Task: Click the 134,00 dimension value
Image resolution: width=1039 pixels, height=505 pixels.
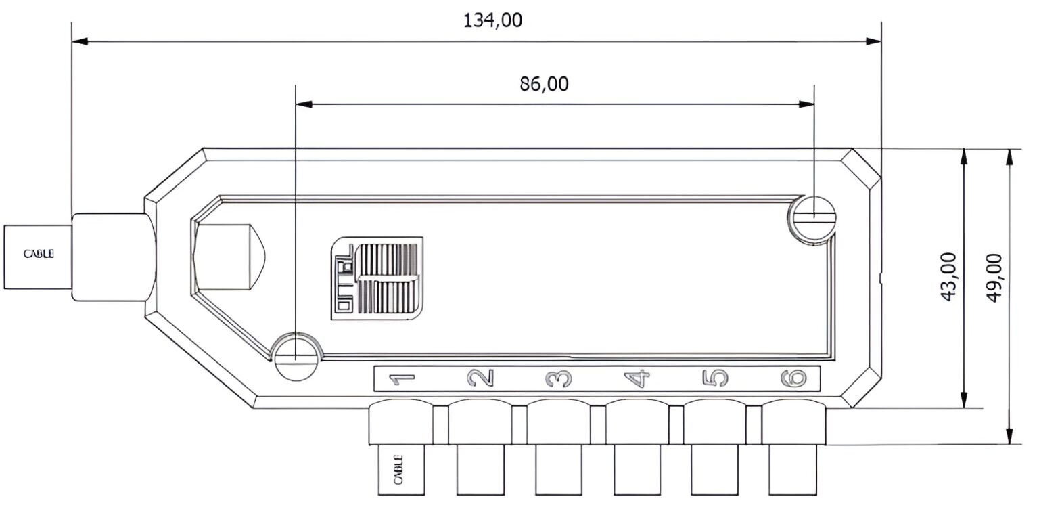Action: [x=492, y=20]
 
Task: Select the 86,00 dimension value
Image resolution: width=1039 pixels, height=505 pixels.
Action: [x=544, y=84]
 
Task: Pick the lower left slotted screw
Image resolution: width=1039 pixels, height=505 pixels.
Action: [x=296, y=357]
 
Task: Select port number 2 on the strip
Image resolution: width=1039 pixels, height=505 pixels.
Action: [x=481, y=378]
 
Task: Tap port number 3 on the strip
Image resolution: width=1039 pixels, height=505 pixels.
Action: [x=559, y=378]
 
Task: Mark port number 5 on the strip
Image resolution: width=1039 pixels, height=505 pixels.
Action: [x=718, y=378]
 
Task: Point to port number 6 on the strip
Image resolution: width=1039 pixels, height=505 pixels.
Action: [x=793, y=378]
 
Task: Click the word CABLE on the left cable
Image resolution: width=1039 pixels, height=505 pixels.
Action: [x=38, y=255]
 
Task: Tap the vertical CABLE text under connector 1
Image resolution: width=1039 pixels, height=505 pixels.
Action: [x=398, y=470]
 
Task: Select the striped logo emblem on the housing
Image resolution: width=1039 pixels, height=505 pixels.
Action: [x=377, y=278]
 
